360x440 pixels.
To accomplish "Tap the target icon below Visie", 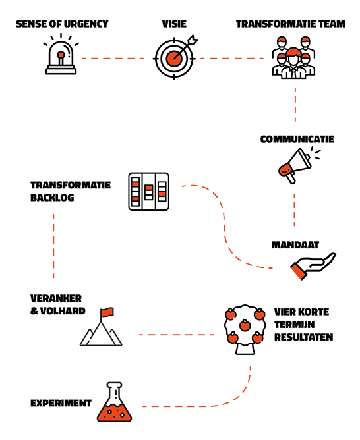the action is pyautogui.click(x=175, y=58).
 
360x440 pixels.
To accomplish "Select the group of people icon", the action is pyautogui.click(x=293, y=57).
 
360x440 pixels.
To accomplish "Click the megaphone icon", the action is pyautogui.click(x=299, y=165).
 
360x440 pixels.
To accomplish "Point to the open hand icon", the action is pyautogui.click(x=313, y=266).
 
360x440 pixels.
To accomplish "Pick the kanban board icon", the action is pyautogui.click(x=149, y=192).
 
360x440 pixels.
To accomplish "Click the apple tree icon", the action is pyautogui.click(x=245, y=329).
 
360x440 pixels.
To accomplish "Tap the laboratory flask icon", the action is pyautogui.click(x=114, y=402).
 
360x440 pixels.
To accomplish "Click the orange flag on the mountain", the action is pyautogui.click(x=107, y=312).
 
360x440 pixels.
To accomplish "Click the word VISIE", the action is pyautogui.click(x=174, y=24).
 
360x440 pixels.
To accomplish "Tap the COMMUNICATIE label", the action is pyautogui.click(x=297, y=139).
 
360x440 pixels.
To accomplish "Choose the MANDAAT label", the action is pyautogui.click(x=295, y=245).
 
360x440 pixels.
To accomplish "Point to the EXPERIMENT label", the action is pyautogui.click(x=61, y=403).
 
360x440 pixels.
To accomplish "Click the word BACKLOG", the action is pyautogui.click(x=52, y=198).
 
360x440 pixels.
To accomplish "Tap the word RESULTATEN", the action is pyautogui.click(x=303, y=337).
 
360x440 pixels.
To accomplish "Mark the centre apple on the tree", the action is pyautogui.click(x=245, y=325).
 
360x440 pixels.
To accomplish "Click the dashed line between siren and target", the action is pyautogui.click(x=113, y=59).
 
